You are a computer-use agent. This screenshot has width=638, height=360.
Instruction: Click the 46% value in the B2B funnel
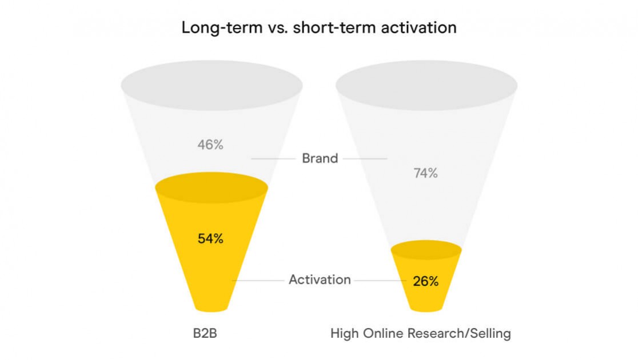click(x=210, y=145)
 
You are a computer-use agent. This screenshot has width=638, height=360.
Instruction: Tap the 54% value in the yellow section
click(x=210, y=238)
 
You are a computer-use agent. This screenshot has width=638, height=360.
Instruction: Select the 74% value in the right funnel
click(x=425, y=173)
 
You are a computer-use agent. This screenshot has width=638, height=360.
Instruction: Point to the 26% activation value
click(x=425, y=281)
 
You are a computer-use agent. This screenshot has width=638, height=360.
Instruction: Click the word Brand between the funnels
click(x=320, y=158)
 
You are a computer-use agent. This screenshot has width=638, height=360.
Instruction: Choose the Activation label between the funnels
click(x=320, y=280)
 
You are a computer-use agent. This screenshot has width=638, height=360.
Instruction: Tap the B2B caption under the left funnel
click(x=205, y=334)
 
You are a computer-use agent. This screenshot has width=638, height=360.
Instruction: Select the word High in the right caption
click(x=345, y=334)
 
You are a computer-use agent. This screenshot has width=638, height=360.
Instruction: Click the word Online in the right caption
click(x=383, y=334)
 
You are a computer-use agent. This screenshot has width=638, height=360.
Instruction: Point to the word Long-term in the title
click(x=222, y=27)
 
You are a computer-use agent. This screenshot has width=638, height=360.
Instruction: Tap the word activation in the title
click(x=418, y=27)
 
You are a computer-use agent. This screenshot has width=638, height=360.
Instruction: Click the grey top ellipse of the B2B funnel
click(x=212, y=85)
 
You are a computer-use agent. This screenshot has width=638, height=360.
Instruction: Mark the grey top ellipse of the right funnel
click(x=426, y=85)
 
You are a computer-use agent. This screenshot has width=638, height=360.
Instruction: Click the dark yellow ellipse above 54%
click(x=212, y=187)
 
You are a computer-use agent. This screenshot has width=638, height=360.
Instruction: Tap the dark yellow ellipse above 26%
click(x=426, y=250)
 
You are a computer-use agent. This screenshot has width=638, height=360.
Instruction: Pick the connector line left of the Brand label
click(x=273, y=159)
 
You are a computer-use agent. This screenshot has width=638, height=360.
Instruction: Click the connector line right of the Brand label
click(x=365, y=159)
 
